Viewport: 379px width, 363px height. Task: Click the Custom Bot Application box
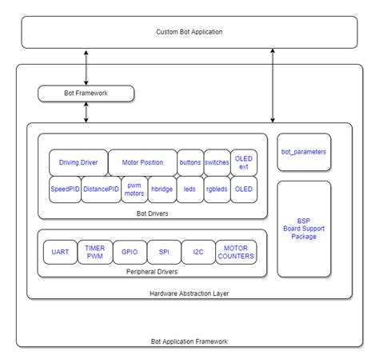pos(189,32)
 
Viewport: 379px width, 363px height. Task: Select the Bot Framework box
pos(86,94)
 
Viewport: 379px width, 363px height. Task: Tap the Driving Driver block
pos(78,162)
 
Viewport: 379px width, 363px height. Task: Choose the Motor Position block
pos(142,162)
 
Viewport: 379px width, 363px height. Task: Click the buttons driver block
pos(190,162)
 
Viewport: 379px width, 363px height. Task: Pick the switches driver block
pos(217,162)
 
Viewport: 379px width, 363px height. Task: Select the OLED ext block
pos(244,162)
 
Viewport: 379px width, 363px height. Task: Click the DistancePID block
pos(101,189)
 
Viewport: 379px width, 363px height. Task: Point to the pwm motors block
pos(134,189)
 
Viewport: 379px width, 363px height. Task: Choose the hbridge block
pos(162,189)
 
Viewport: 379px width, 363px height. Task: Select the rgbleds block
pos(217,189)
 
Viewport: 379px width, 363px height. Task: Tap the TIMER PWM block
pos(94,252)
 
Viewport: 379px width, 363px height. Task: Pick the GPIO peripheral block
pos(129,252)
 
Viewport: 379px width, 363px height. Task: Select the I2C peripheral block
pos(197,252)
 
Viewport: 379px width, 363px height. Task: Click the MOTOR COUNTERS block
pos(237,252)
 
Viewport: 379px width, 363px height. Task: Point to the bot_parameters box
pos(304,151)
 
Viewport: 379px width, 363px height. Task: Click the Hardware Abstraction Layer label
pos(189,293)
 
